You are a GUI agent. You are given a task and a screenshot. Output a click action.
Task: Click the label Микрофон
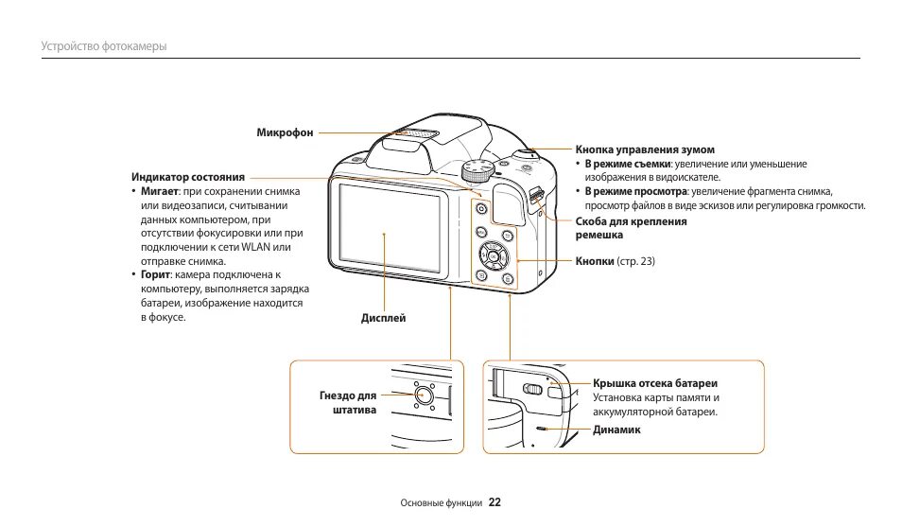(285, 132)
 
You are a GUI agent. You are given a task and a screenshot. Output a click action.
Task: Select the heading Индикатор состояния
(188, 177)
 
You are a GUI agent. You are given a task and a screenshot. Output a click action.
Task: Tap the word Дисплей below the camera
(383, 318)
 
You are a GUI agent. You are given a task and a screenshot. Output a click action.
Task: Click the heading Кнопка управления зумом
(645, 149)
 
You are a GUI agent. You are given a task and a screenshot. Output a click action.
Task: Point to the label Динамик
(616, 430)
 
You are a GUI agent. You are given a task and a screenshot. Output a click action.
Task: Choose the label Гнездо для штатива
(348, 402)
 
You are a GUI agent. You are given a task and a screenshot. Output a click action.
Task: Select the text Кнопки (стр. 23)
(615, 261)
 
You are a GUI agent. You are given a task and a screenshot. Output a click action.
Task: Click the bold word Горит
(156, 274)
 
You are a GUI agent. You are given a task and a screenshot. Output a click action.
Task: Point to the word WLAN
(255, 247)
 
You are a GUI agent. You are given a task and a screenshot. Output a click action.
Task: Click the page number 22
(494, 502)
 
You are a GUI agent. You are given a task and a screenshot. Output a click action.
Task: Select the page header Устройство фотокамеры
(104, 46)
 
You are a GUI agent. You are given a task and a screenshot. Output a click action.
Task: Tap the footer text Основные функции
(442, 503)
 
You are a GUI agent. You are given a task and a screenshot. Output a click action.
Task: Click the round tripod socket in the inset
(424, 398)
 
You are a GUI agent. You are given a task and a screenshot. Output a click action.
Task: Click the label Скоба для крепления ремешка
(631, 227)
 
